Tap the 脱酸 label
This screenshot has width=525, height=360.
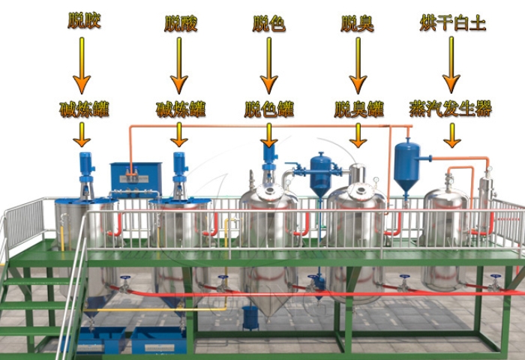tap(180, 22)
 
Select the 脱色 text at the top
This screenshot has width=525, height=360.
tap(268, 22)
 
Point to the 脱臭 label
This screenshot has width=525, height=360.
tap(358, 22)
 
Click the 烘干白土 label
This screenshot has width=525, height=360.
tap(452, 22)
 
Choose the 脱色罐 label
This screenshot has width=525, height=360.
tap(268, 109)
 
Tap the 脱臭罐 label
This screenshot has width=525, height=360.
tap(358, 109)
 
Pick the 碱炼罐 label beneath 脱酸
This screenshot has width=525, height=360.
tap(180, 109)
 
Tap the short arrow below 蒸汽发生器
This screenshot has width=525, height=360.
tap(451, 135)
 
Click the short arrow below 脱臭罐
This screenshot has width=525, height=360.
tap(358, 135)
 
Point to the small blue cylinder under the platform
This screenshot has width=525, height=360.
tap(250, 317)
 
